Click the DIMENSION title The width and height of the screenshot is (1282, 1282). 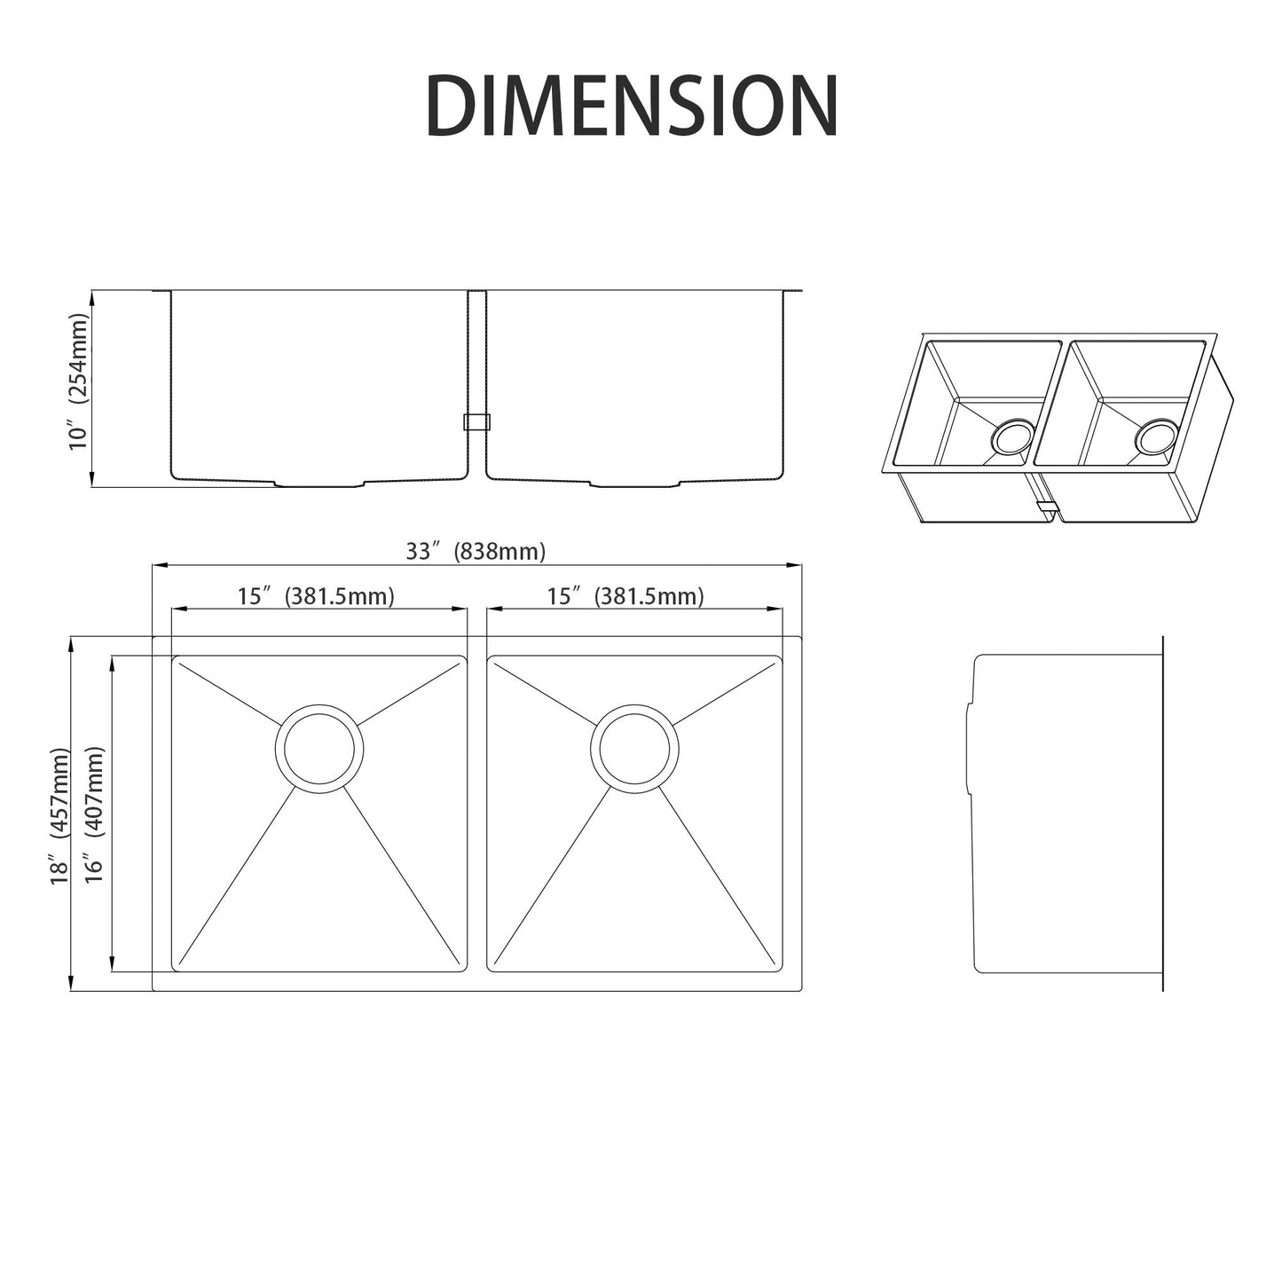(x=632, y=106)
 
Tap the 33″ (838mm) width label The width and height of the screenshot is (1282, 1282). (x=476, y=552)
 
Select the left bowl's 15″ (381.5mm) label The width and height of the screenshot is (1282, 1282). (x=316, y=596)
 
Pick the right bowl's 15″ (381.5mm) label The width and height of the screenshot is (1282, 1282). (x=625, y=596)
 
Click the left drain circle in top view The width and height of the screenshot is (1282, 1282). (x=319, y=748)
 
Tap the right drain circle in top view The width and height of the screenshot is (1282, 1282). (x=634, y=748)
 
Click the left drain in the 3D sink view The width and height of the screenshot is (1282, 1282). (x=1011, y=438)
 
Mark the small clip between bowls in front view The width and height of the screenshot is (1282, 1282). (x=476, y=422)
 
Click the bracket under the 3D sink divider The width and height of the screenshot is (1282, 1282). (x=1047, y=510)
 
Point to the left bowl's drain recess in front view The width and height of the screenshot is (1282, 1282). (x=319, y=484)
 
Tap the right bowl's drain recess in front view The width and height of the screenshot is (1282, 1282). (x=634, y=484)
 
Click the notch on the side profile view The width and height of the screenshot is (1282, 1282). (x=969, y=745)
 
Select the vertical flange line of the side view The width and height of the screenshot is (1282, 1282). (x=1162, y=812)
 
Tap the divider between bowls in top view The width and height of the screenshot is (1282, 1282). (x=476, y=812)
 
